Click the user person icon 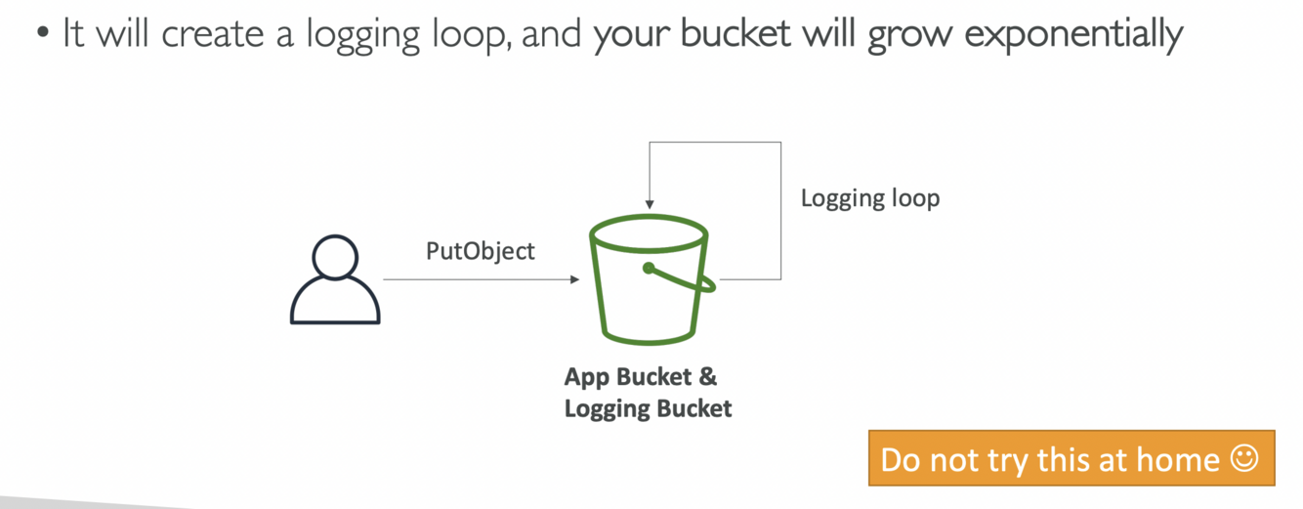point(334,279)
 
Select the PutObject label point(481,251)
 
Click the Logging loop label point(869,198)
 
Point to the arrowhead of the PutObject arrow point(574,279)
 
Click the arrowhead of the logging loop point(650,202)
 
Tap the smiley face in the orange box point(1244,458)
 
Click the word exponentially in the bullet point(1074,36)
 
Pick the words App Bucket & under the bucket point(641,377)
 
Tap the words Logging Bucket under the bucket point(648,408)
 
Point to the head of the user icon point(334,256)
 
